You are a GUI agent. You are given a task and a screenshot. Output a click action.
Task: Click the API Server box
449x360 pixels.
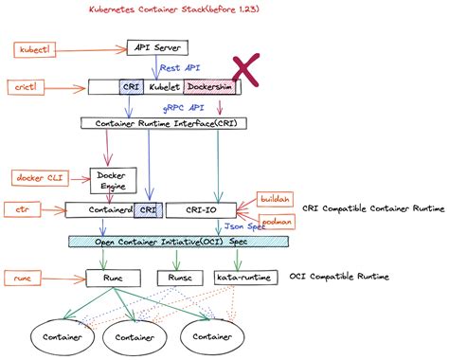click(157, 47)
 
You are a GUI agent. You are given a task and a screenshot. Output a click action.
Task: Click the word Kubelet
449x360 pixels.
click(163, 87)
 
